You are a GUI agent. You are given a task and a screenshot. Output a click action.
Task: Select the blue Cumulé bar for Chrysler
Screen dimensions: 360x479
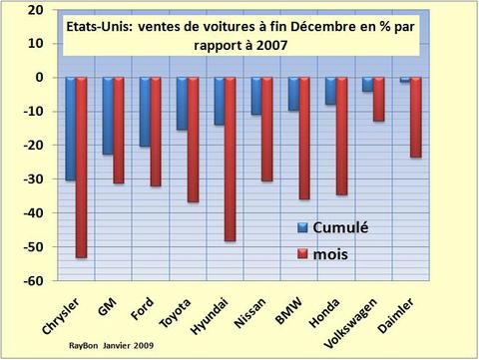[x=71, y=129]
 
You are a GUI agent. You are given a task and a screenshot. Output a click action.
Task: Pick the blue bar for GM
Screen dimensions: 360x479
[x=108, y=116]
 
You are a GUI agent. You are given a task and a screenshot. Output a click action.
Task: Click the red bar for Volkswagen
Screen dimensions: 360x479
[x=377, y=99]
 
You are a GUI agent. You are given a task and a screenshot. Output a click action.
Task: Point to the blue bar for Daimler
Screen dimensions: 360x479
[x=404, y=79]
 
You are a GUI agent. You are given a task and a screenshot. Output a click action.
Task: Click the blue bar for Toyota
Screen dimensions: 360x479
[x=182, y=104]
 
